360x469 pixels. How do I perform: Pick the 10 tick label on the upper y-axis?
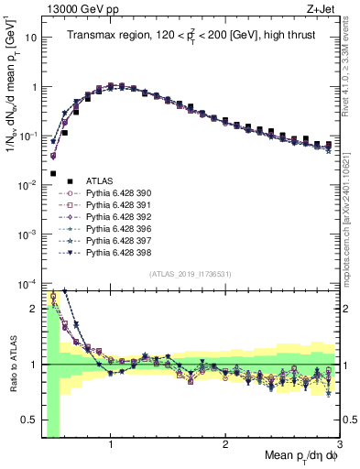tap(29, 38)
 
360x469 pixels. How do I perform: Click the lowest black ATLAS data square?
tap(53, 172)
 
